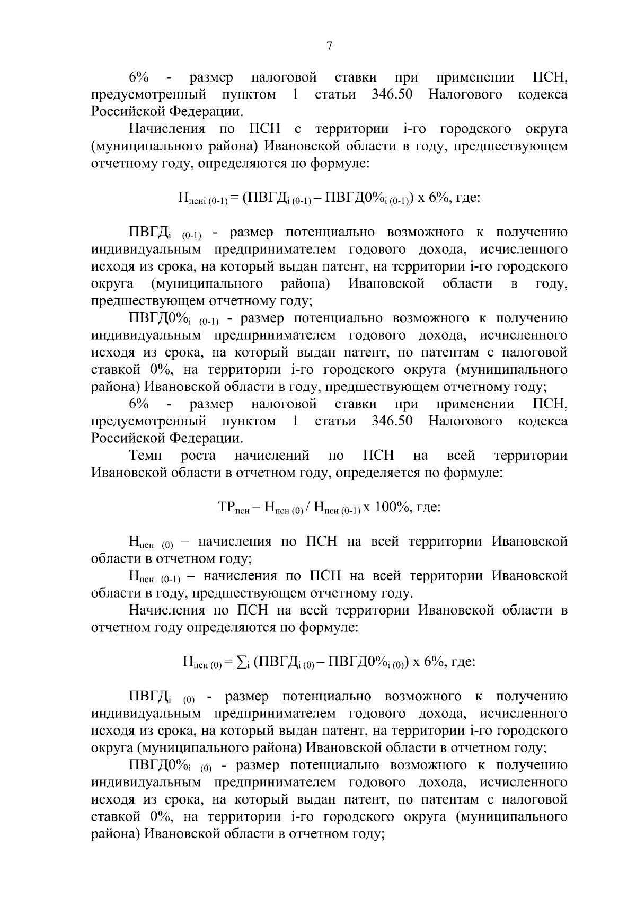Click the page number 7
[x=329, y=47]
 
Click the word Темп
[x=146, y=456]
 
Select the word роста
[x=198, y=456]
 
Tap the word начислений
[x=271, y=456]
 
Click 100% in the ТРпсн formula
[x=391, y=507]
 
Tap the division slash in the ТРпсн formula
[x=309, y=508]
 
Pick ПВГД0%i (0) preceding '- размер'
[x=170, y=766]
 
